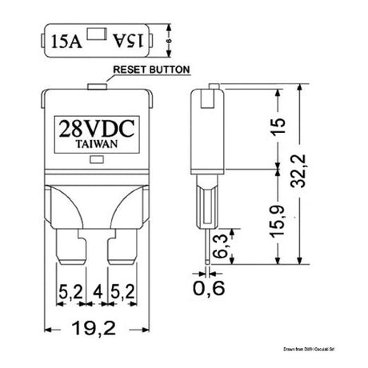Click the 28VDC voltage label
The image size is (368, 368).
(x=94, y=128)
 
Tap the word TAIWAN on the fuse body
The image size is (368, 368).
(x=94, y=145)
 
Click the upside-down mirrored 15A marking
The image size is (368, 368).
(x=123, y=37)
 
